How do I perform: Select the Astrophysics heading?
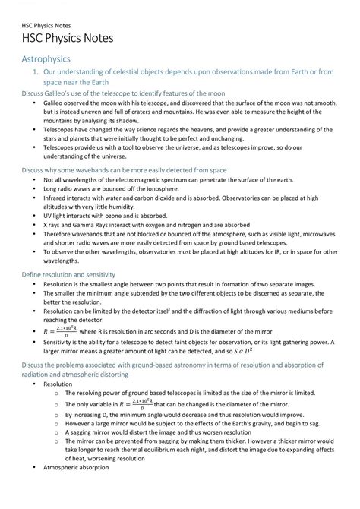click(46, 59)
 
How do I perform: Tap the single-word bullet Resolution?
click(58, 384)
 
